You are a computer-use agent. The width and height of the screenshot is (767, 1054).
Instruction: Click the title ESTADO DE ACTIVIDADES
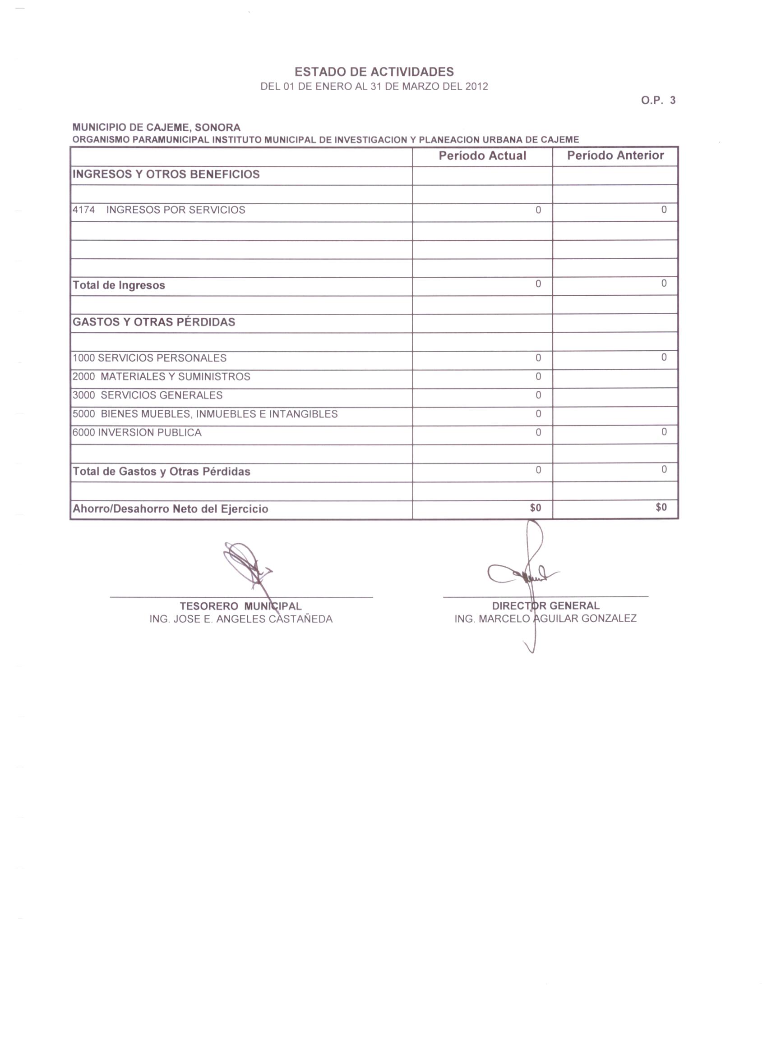(x=374, y=72)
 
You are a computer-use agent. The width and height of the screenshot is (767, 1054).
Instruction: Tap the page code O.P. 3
(x=658, y=101)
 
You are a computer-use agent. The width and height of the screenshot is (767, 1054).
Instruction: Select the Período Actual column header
(x=482, y=156)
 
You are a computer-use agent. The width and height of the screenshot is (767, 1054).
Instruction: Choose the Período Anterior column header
(x=615, y=156)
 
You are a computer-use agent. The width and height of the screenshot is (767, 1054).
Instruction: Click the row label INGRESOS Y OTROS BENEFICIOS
(x=166, y=174)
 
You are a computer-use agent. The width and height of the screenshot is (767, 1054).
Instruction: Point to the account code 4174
(x=84, y=210)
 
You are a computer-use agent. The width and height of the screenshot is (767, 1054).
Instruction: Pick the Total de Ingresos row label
(x=119, y=285)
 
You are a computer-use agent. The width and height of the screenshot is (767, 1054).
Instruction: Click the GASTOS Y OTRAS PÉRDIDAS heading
(x=154, y=322)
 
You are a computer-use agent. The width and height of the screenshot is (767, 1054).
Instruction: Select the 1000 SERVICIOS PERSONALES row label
(x=149, y=358)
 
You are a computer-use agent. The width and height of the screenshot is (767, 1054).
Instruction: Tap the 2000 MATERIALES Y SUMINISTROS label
(x=161, y=377)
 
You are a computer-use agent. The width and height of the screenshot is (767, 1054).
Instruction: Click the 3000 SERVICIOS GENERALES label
(x=148, y=395)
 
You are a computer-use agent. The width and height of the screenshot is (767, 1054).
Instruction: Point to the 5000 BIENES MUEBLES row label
(x=205, y=414)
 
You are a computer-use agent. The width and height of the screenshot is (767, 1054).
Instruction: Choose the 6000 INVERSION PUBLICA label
(x=137, y=433)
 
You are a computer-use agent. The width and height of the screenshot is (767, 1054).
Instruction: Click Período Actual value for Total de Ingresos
(x=538, y=284)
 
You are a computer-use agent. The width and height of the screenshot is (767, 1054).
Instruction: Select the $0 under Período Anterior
(x=661, y=508)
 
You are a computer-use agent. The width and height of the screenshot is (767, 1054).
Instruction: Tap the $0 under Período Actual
(x=536, y=508)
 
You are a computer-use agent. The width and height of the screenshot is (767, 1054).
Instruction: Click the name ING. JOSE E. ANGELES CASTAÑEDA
(x=241, y=619)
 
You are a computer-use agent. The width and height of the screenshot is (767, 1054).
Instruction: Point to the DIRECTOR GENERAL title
(x=545, y=606)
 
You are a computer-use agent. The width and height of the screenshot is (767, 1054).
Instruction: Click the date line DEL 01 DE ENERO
(x=374, y=87)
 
